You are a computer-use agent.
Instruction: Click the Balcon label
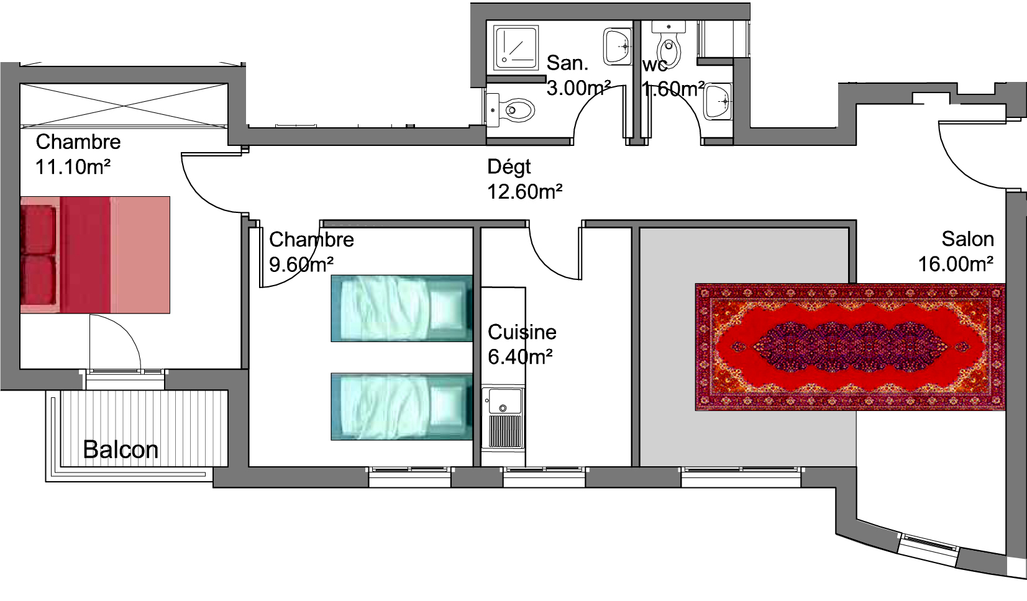pos(121,450)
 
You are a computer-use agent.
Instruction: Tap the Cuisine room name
pos(522,332)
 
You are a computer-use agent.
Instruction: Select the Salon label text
pos(967,239)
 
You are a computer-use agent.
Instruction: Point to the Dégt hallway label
pos(509,168)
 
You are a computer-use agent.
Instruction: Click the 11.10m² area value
pos(73,167)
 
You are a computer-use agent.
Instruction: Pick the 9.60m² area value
pos(301,264)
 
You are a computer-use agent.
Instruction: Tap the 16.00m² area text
pos(956,264)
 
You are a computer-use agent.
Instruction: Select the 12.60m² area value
pos(525,192)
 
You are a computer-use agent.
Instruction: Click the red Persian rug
pos(850,347)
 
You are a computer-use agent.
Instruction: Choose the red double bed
pos(95,255)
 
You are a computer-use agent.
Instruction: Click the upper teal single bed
pos(401,309)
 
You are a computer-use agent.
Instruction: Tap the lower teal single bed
pos(401,407)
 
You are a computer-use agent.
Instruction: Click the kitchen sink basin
pos(504,400)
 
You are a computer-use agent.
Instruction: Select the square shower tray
pos(516,48)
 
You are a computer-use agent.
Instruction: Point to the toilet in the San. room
pos(510,110)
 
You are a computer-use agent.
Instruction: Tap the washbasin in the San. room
pos(618,47)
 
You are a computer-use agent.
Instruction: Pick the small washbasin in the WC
pos(718,101)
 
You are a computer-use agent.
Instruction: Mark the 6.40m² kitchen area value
pos(520,357)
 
